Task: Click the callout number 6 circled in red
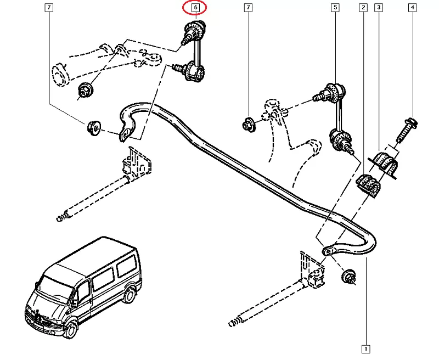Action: click(195, 8)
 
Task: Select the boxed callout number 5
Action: click(334, 8)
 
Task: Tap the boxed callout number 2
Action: click(363, 8)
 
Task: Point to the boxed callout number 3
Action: click(379, 8)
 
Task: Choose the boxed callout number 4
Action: click(412, 8)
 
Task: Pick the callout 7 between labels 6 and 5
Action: click(249, 8)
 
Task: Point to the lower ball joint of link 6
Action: click(194, 71)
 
